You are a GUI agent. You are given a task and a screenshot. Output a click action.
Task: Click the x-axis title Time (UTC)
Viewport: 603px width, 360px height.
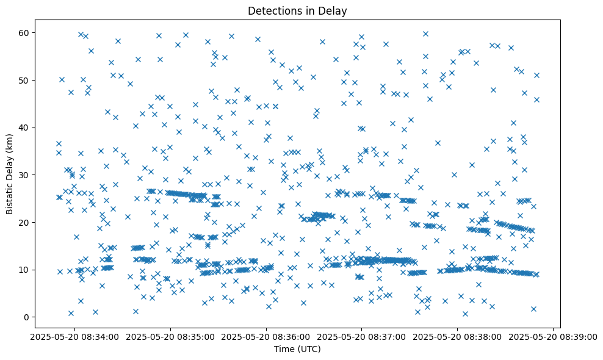[297, 350]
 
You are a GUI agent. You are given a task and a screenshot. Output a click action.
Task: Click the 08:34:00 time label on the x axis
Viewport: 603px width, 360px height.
[75, 337]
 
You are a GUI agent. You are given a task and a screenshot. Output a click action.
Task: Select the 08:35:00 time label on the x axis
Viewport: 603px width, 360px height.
[171, 337]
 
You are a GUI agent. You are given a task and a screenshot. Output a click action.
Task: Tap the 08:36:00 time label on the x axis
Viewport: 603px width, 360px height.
[266, 337]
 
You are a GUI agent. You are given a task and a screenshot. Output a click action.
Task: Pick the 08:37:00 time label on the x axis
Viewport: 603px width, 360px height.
[362, 337]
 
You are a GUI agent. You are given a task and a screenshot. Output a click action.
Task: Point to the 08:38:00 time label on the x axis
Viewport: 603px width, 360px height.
[458, 337]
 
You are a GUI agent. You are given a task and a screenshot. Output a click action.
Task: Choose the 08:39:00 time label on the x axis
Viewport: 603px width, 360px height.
[553, 337]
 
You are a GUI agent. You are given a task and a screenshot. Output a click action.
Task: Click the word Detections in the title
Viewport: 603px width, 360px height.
[272, 10]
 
